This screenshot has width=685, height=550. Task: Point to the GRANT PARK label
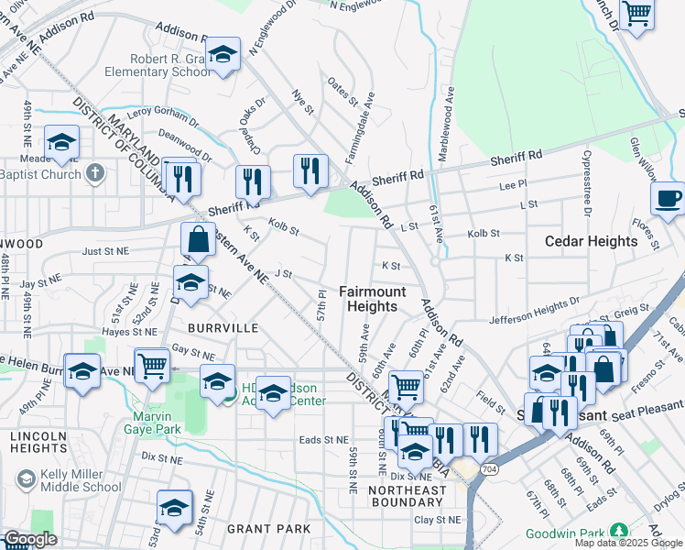point(268,529)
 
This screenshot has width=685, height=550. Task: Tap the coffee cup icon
point(668,198)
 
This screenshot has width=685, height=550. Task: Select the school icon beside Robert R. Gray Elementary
point(222,54)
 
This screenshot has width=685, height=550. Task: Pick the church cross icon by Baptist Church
point(95,172)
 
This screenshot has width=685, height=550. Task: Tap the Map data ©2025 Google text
point(628,543)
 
